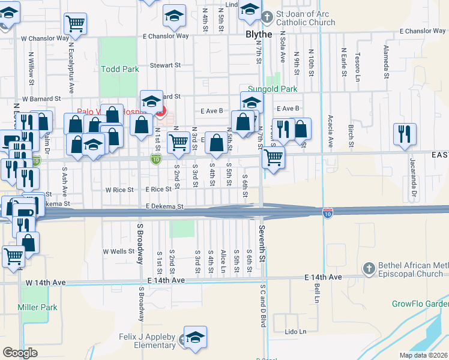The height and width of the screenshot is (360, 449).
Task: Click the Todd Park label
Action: (x=120, y=69)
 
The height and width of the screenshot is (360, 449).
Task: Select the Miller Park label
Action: (x=37, y=307)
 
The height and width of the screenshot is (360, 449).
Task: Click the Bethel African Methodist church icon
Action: (x=369, y=267)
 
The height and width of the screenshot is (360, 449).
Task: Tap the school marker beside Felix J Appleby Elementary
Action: (x=195, y=337)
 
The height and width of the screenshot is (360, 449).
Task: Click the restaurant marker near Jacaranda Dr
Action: (x=405, y=134)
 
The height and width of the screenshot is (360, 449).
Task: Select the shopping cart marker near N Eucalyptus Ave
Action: (x=75, y=24)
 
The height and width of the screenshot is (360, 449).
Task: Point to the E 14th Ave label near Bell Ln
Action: (x=322, y=277)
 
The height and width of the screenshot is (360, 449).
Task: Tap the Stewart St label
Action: (x=165, y=65)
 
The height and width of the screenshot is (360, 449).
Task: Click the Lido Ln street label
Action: (x=295, y=331)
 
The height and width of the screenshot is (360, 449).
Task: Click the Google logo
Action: (x=20, y=353)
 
